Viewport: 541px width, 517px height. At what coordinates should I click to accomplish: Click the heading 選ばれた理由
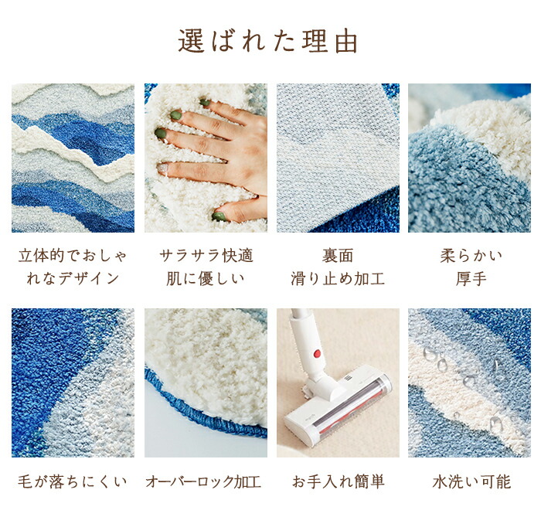tap(267, 42)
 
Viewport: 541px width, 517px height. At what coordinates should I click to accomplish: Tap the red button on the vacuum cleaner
tap(317, 353)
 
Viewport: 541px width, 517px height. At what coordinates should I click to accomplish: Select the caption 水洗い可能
tap(471, 481)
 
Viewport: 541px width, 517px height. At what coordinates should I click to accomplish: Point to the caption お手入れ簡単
tap(338, 481)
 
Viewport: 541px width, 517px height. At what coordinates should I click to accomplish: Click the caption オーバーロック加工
tap(203, 481)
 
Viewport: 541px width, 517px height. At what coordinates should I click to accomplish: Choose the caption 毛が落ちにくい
tap(73, 481)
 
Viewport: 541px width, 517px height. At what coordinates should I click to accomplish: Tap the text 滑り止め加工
tap(338, 279)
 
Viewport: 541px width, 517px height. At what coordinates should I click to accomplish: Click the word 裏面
tap(338, 256)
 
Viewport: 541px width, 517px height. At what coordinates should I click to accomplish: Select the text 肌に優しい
tap(206, 279)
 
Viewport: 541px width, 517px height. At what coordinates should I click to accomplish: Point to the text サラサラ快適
tap(206, 256)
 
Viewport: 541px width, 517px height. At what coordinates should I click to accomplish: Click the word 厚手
tap(471, 279)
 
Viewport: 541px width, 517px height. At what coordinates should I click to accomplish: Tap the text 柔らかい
tap(471, 256)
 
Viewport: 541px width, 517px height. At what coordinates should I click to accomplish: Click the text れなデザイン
tap(73, 279)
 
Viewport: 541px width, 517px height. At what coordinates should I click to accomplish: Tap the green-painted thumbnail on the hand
tap(219, 216)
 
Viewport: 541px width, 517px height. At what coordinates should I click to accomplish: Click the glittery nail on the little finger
tap(162, 168)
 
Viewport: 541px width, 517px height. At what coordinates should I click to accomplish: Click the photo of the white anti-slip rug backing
tap(338, 158)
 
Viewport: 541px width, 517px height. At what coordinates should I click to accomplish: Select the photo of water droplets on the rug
tap(469, 383)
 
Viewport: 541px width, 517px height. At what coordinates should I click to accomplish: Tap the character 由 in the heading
tap(346, 42)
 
